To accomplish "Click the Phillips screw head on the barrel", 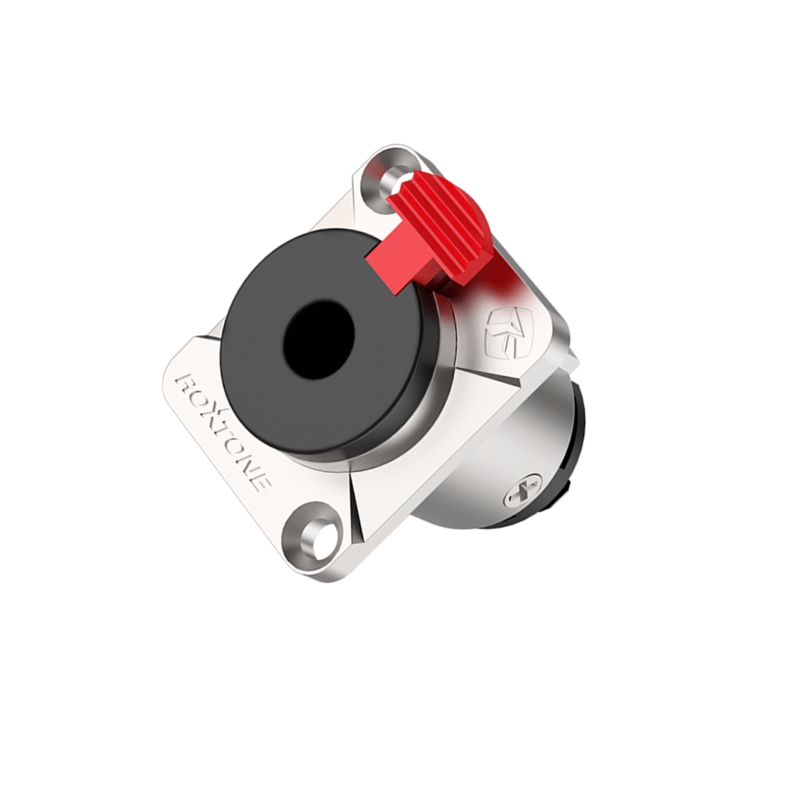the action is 522,489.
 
